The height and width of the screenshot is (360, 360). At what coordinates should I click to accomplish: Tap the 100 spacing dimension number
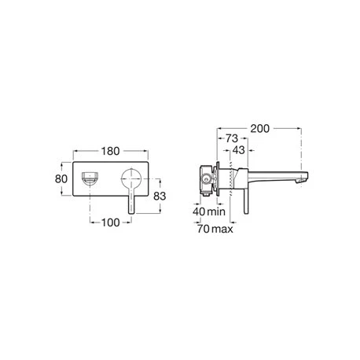111,222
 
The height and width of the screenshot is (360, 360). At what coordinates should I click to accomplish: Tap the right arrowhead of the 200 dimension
301,123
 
